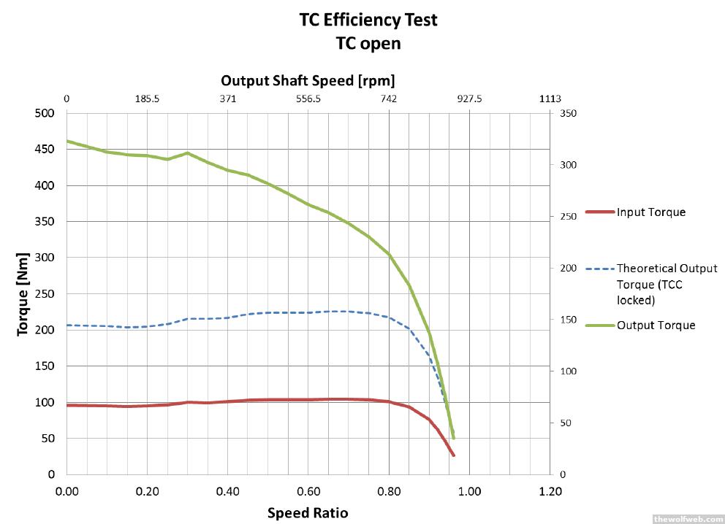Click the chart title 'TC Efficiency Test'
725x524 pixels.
point(368,20)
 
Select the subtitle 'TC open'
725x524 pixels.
point(368,43)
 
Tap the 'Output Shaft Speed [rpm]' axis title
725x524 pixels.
point(308,80)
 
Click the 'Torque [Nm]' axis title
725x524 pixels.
point(23,293)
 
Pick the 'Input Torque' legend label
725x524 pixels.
point(651,212)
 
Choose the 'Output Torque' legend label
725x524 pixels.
point(656,325)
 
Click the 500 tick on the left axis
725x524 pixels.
point(46,113)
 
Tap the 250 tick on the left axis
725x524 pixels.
point(46,293)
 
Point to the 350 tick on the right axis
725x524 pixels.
point(568,113)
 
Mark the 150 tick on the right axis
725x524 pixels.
point(568,320)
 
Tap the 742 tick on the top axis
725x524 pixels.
point(389,99)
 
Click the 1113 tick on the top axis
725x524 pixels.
point(550,99)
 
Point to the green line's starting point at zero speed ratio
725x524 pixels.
point(67,141)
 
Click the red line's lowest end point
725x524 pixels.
point(453,455)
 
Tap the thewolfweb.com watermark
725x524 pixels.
point(686,518)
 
